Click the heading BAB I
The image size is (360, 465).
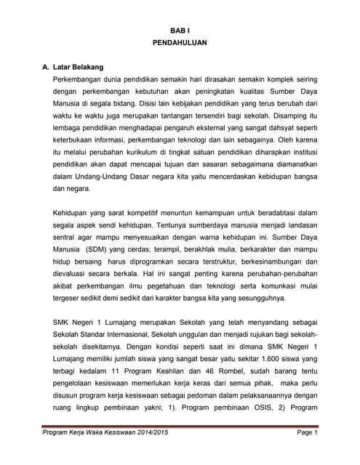(180, 31)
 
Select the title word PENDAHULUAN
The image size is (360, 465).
(180, 44)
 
